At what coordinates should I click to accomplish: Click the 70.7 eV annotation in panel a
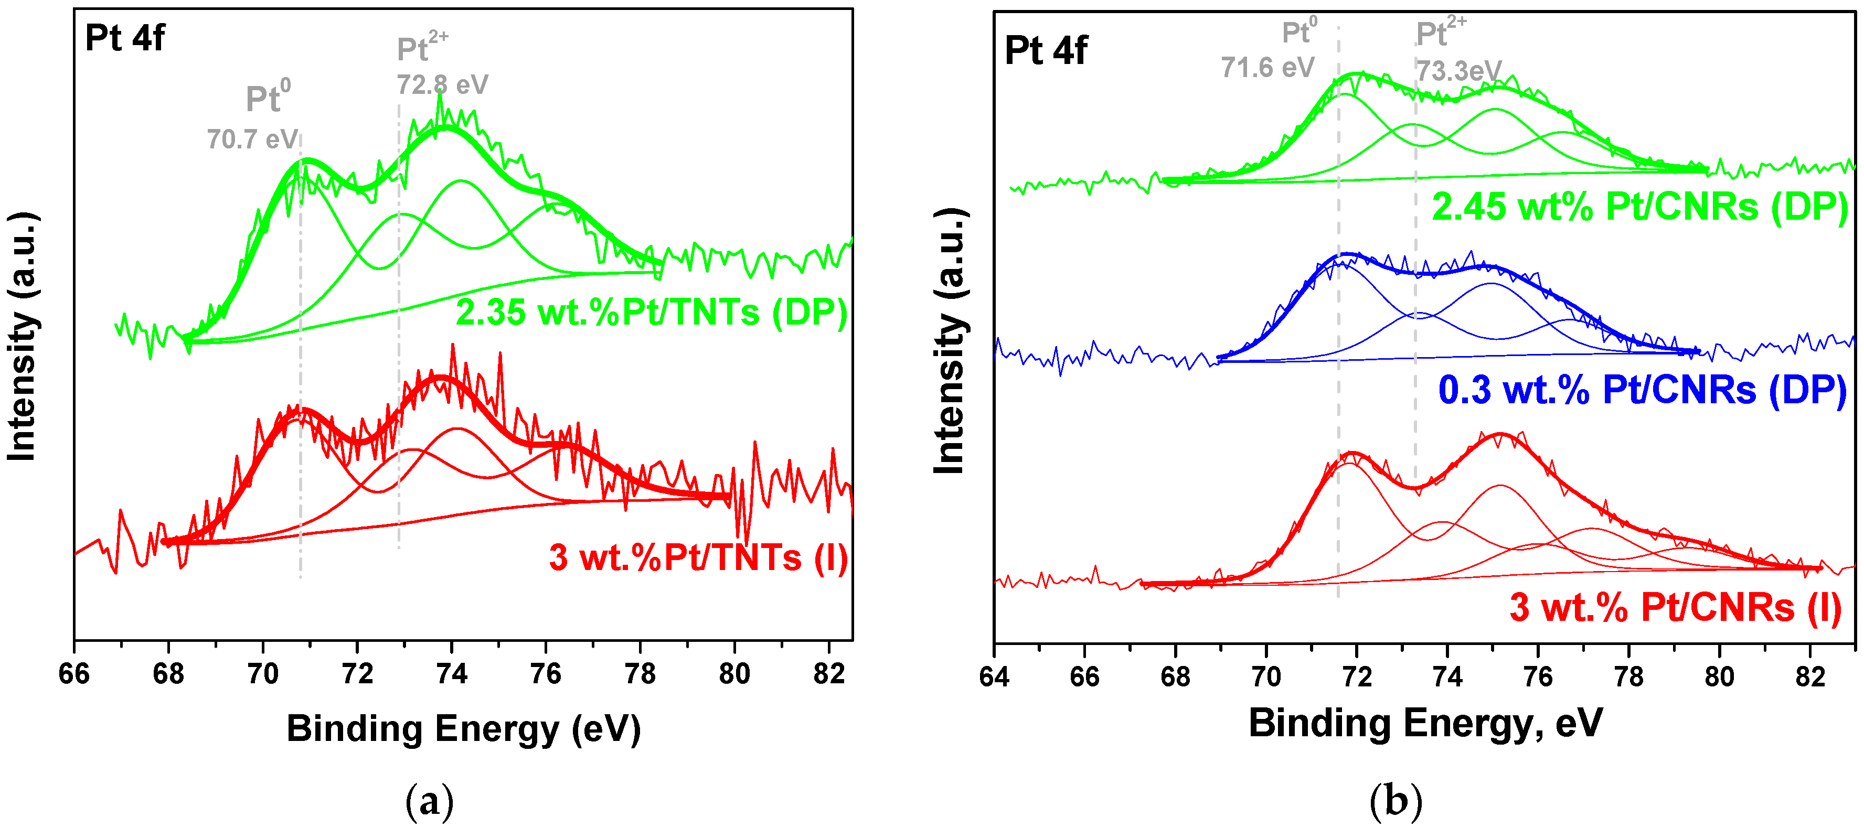tap(252, 139)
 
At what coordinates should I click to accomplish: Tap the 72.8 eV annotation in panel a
tap(442, 84)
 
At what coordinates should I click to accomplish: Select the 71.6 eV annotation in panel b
tap(1267, 67)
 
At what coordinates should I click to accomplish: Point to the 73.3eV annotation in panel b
tap(1458, 71)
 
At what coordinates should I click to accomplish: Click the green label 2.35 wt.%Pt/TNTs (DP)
tap(651, 313)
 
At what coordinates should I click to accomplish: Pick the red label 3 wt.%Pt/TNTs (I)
tap(698, 557)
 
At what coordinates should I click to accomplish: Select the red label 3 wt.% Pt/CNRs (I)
tap(1675, 607)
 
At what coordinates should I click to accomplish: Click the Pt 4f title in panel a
tap(124, 38)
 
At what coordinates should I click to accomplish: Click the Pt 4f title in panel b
tap(1046, 51)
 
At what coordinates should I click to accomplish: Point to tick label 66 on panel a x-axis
tap(74, 674)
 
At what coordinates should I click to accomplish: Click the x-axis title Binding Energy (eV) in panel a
tap(463, 728)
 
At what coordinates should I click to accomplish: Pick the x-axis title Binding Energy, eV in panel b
tap(1425, 723)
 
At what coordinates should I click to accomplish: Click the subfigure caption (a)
tap(430, 801)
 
